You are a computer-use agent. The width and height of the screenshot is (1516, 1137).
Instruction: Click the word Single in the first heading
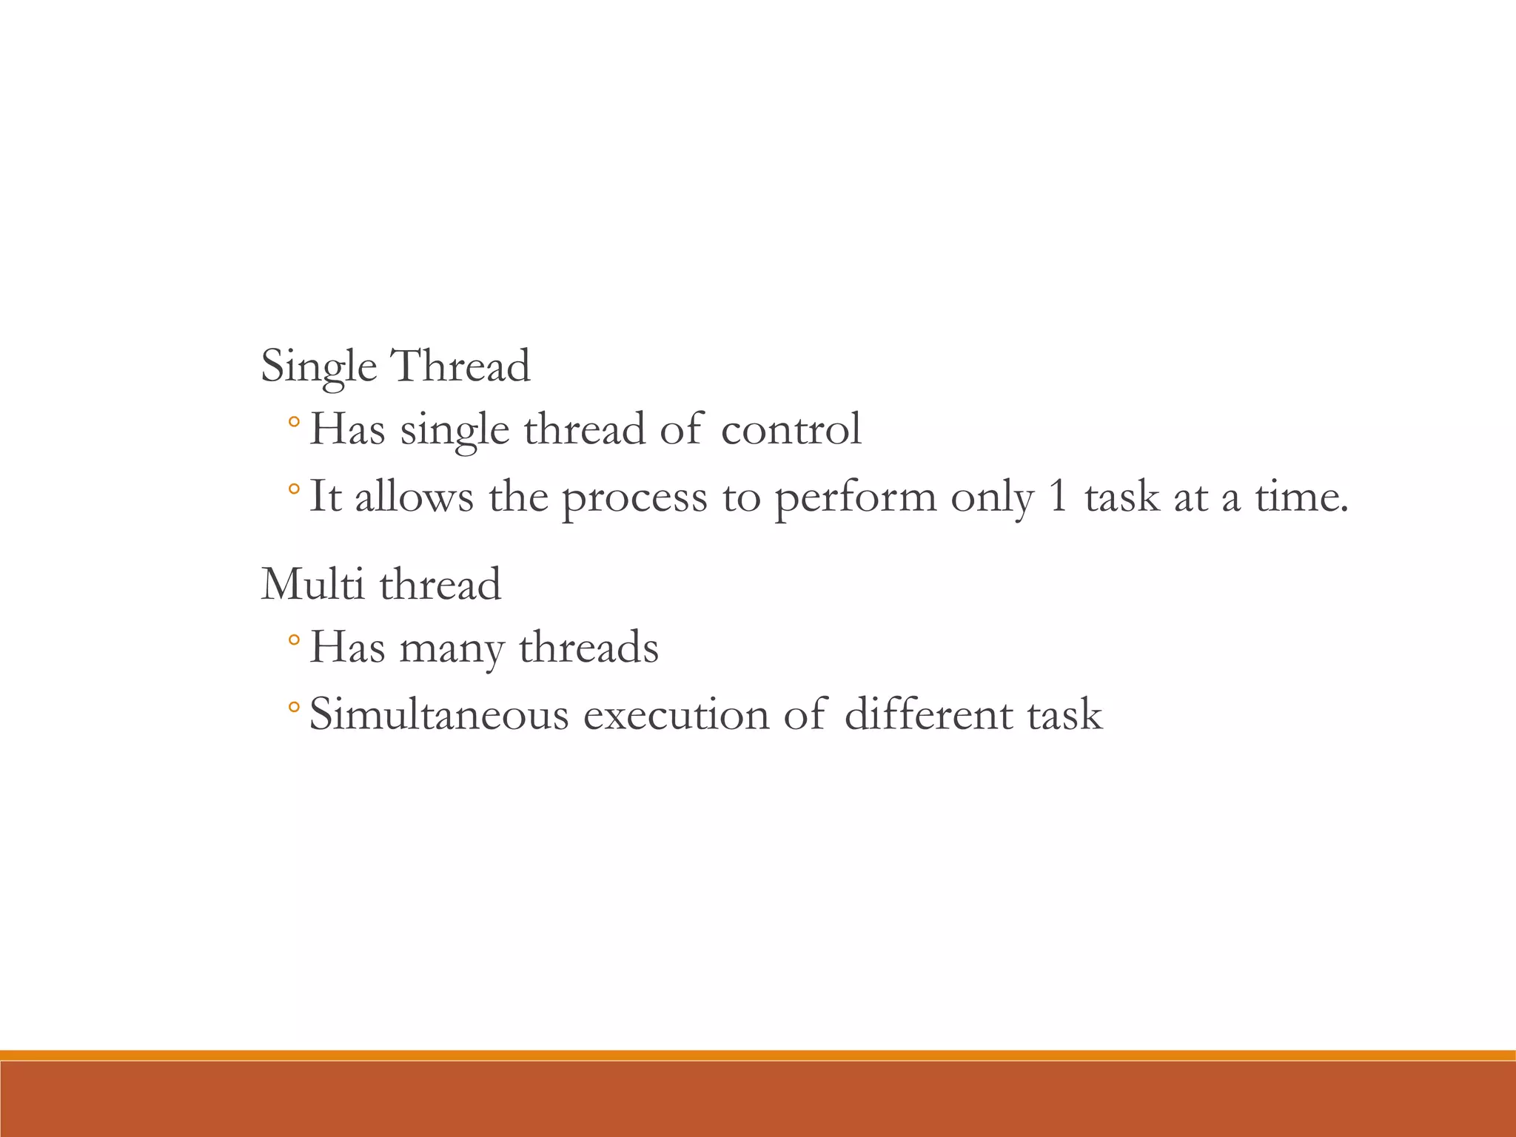(318, 366)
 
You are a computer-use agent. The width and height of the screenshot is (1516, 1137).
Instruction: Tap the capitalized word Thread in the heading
(460, 366)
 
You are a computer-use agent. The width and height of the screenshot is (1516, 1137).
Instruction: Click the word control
(791, 429)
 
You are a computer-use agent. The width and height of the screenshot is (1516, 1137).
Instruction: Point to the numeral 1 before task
(1058, 496)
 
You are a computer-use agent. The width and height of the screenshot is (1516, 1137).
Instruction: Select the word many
(452, 648)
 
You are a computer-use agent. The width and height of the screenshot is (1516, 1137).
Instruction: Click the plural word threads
(588, 647)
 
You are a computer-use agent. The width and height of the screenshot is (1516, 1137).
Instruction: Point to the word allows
(414, 496)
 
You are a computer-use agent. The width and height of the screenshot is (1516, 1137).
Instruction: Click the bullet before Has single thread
(294, 423)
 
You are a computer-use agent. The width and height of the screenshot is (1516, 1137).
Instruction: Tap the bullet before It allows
(294, 489)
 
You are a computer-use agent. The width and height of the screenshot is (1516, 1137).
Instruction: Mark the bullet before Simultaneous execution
(294, 708)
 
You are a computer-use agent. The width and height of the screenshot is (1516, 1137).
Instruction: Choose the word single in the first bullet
(455, 430)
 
